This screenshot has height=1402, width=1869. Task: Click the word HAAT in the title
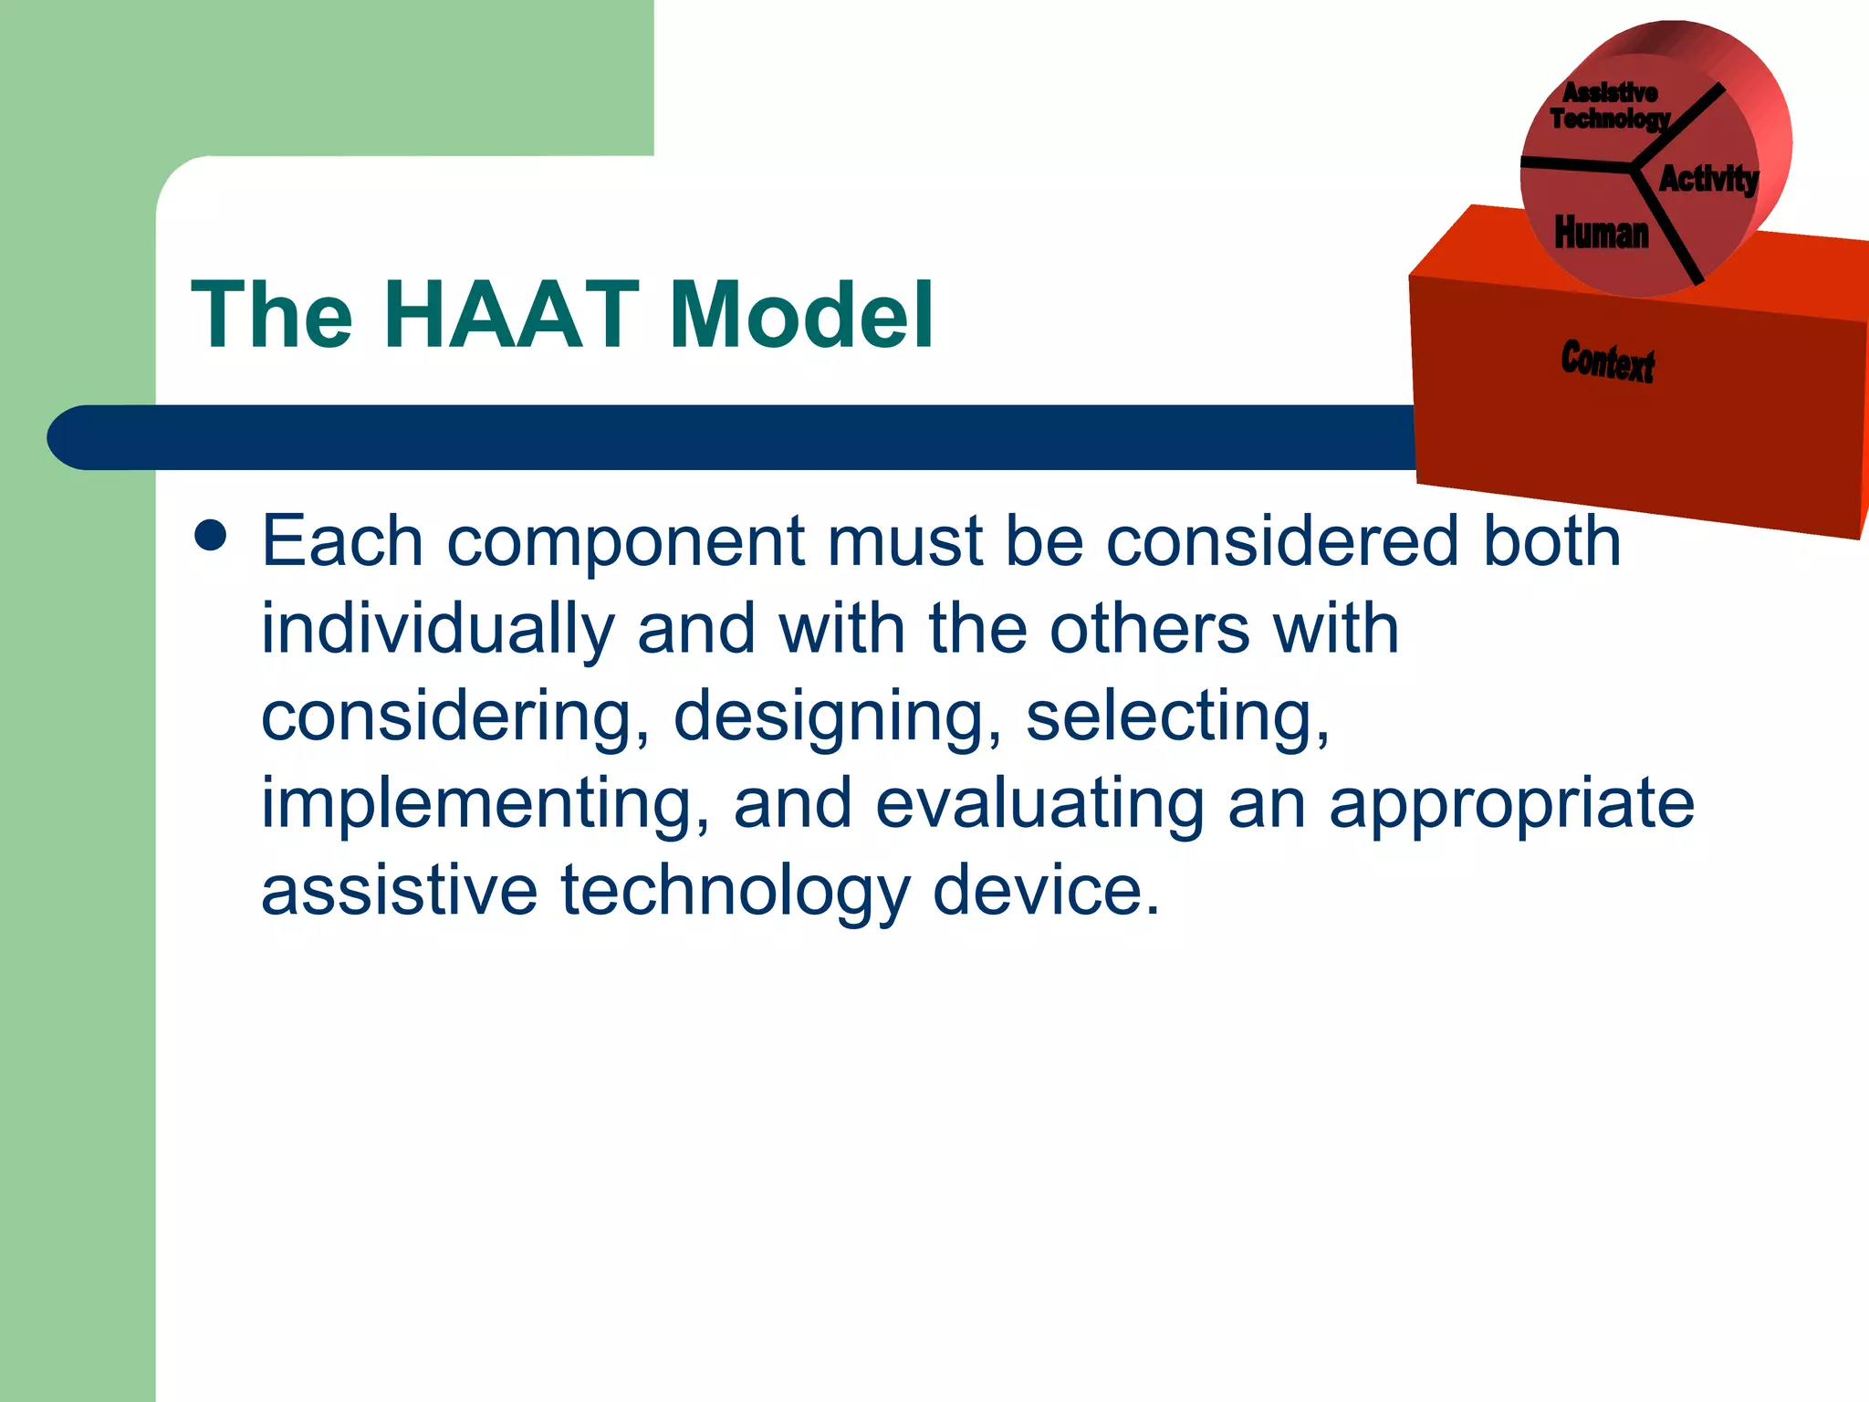coord(511,315)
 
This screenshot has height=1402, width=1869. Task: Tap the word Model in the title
coord(801,315)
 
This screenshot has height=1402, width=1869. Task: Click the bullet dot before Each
coord(211,537)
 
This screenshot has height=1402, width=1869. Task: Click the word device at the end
coord(1046,891)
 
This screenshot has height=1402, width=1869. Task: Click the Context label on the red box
coord(1607,361)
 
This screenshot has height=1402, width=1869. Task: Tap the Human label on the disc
coord(1602,233)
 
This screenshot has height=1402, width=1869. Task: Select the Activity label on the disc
coord(1707,178)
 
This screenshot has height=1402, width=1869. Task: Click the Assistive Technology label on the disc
coord(1610,106)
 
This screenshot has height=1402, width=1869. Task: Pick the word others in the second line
coord(1149,630)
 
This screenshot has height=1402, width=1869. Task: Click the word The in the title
coord(271,315)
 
